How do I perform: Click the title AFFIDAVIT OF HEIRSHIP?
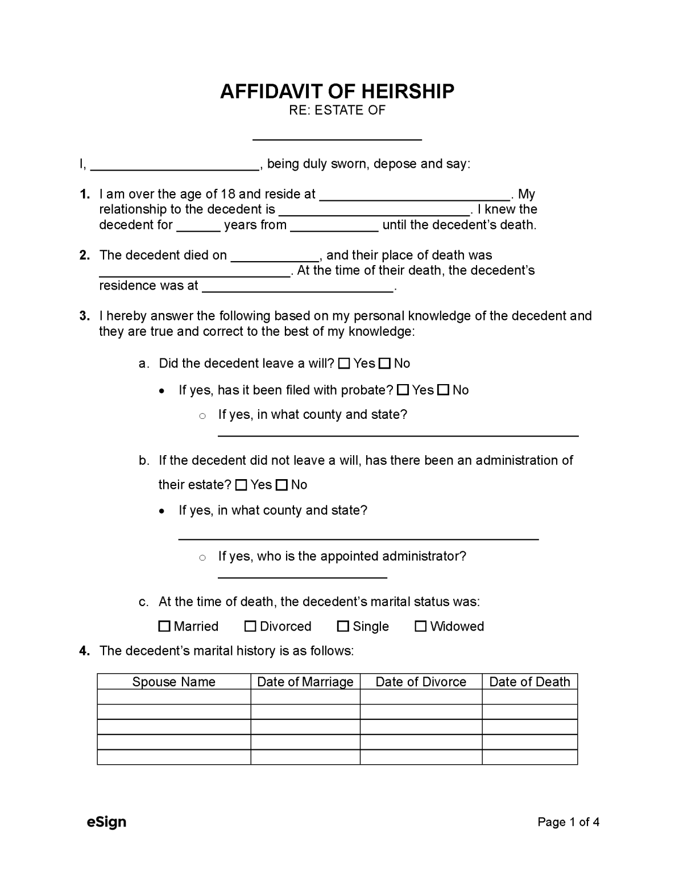point(337,91)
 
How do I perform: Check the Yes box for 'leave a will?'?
point(344,364)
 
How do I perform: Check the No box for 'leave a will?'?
point(385,364)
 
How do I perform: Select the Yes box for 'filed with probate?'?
point(403,390)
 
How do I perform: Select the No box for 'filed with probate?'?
point(444,390)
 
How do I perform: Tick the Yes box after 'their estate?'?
point(241,485)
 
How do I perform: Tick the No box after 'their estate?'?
point(282,485)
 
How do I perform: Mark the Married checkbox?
point(164,626)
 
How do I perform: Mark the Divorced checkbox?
point(250,626)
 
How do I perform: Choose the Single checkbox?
point(343,626)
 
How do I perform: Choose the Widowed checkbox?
point(421,626)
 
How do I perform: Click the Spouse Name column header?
point(173,682)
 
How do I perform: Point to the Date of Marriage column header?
point(305,682)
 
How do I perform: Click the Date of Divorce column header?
point(421,682)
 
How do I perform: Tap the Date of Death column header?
point(529,682)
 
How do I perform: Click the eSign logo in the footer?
point(106,822)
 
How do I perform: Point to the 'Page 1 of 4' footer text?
point(568,822)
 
